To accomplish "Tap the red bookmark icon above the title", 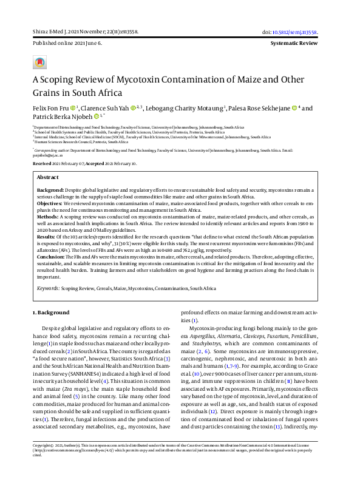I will [x=39, y=63].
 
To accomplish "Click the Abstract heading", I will [x=48, y=178].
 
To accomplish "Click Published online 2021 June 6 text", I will [x=67, y=44].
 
